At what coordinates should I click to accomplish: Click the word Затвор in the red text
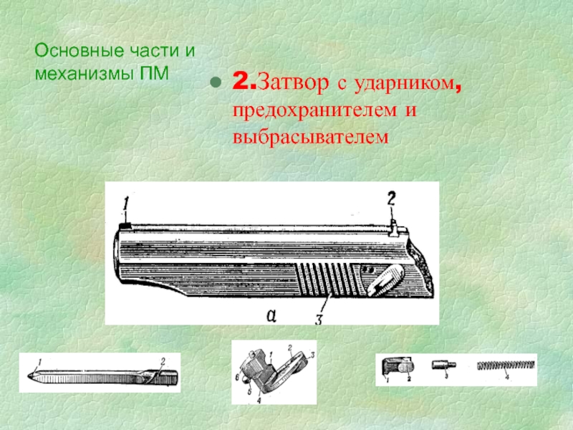[293, 83]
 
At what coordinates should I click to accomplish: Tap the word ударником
[404, 84]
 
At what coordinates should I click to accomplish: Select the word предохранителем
[314, 110]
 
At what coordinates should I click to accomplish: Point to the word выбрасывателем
[311, 137]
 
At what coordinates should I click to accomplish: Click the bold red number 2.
[241, 81]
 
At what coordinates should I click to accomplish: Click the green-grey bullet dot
[216, 82]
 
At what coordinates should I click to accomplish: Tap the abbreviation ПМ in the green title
[154, 73]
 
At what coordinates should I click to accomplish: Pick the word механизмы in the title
[84, 73]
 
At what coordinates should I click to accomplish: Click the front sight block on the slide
[125, 226]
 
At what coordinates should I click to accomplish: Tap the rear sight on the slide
[393, 229]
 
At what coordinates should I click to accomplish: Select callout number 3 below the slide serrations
[319, 319]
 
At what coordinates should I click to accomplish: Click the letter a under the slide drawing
[271, 315]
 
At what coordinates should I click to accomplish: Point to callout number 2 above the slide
[391, 199]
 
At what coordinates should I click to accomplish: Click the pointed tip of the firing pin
[29, 376]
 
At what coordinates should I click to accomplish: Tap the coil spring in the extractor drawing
[506, 365]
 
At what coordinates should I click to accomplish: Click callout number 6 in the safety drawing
[237, 378]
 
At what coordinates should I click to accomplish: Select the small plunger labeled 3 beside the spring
[443, 365]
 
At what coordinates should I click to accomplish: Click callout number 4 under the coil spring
[507, 377]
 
